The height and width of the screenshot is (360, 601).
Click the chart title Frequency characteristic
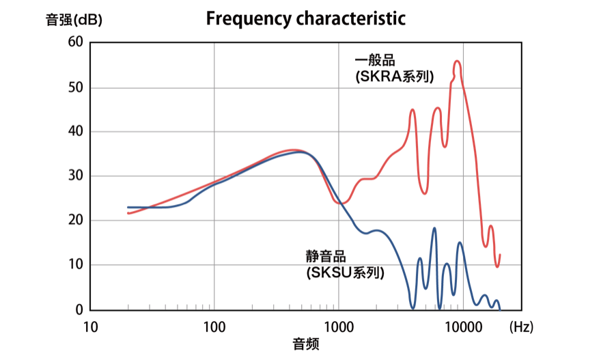click(305, 18)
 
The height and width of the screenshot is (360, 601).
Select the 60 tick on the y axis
click(75, 42)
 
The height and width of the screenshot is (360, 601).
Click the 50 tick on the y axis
click(75, 87)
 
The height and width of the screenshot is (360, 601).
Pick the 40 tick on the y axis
click(75, 132)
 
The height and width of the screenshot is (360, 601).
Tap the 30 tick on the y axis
click(75, 176)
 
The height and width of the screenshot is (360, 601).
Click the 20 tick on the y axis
click(75, 221)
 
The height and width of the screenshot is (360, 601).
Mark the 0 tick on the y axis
click(79, 309)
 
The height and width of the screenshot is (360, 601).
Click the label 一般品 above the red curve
click(375, 60)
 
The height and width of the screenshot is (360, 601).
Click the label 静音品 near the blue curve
click(326, 257)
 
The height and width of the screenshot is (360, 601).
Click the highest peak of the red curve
click(458, 61)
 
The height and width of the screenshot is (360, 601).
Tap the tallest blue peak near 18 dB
click(434, 228)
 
